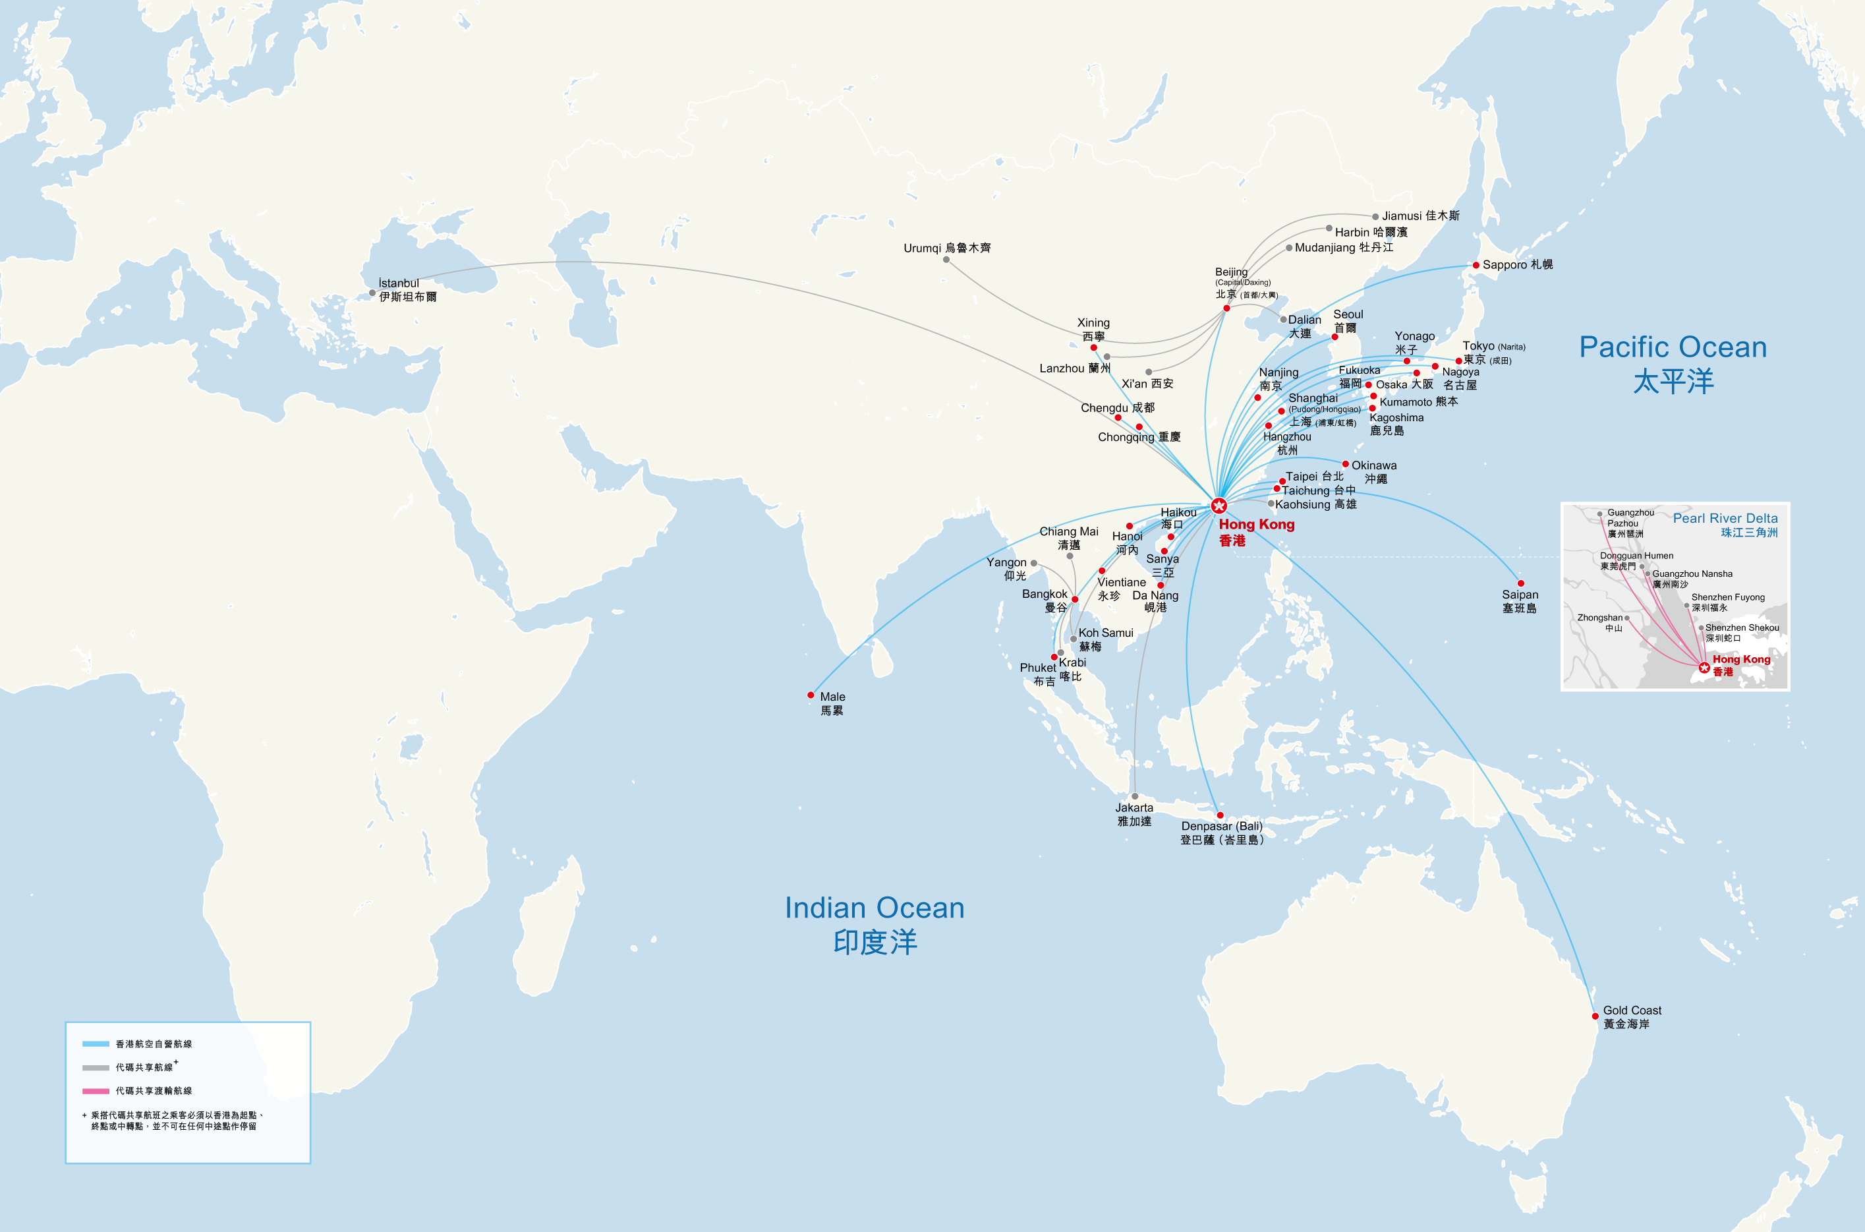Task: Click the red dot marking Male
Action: point(811,695)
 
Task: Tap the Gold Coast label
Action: point(1632,1016)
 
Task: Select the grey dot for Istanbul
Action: point(372,293)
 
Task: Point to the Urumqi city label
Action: point(946,249)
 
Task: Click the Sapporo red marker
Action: point(1476,266)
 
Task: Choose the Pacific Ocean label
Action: point(1673,364)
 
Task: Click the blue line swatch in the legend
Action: point(96,1044)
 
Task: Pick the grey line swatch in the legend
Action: point(96,1068)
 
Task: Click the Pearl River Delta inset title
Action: point(1725,525)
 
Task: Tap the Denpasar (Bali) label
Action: point(1222,833)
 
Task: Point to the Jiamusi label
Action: point(1420,216)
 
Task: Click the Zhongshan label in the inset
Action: point(1600,622)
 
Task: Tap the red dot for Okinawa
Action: point(1346,464)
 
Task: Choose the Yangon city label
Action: point(1006,569)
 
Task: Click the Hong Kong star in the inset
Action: point(1703,668)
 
